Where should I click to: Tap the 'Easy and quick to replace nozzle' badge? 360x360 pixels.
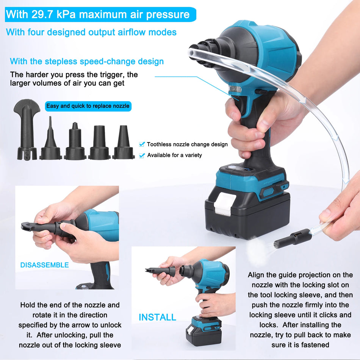(x=88, y=106)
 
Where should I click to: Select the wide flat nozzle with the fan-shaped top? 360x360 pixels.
(x=27, y=129)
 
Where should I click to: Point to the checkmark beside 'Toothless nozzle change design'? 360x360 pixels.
(x=142, y=144)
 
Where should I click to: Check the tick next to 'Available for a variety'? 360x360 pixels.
(x=142, y=155)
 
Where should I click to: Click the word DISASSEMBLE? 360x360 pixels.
(x=44, y=265)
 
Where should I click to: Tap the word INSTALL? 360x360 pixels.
(x=157, y=317)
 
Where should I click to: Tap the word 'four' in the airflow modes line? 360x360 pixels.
(x=36, y=32)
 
